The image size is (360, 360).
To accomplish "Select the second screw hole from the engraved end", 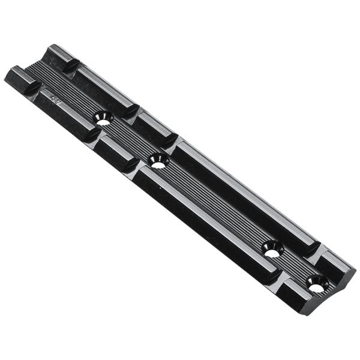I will point(158,160).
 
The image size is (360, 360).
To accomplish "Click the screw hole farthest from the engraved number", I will point(316,284).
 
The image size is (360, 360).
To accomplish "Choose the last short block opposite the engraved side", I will point(336,264).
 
